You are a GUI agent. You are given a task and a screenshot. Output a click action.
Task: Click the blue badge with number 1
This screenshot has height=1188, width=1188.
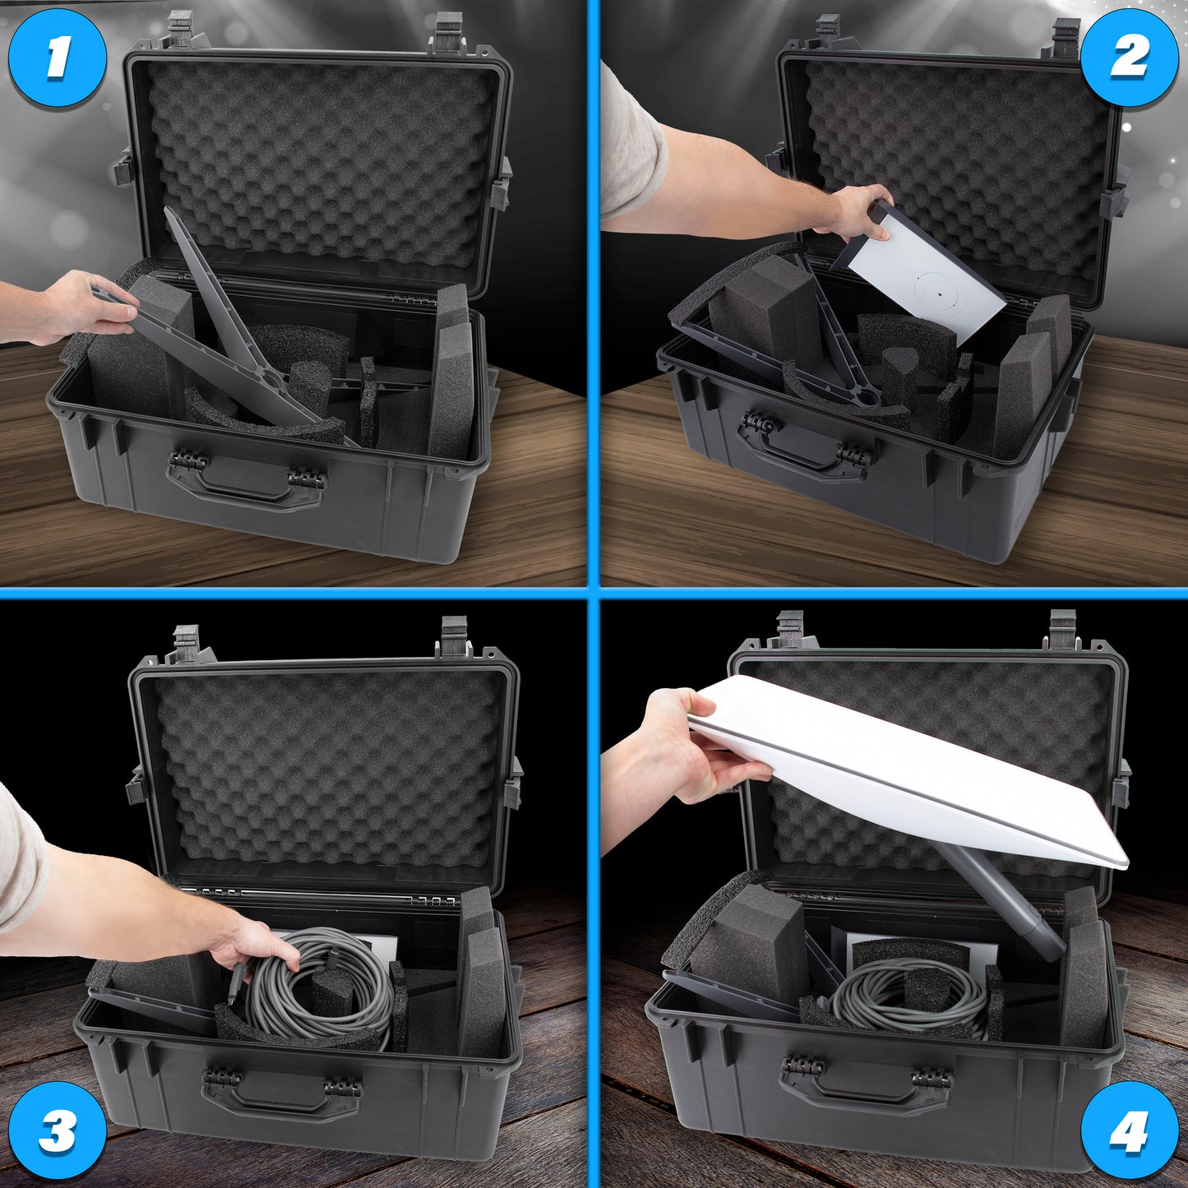(58, 58)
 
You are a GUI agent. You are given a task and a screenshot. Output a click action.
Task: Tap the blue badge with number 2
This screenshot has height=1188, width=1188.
(1130, 58)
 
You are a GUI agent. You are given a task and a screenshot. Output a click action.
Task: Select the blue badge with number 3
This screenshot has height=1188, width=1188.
(58, 1130)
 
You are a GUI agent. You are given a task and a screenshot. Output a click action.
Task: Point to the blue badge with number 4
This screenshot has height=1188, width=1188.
(1130, 1130)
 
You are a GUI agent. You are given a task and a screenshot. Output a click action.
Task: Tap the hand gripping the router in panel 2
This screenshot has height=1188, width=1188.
(854, 213)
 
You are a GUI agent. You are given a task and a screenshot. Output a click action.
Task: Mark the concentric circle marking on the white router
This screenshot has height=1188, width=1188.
(939, 294)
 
